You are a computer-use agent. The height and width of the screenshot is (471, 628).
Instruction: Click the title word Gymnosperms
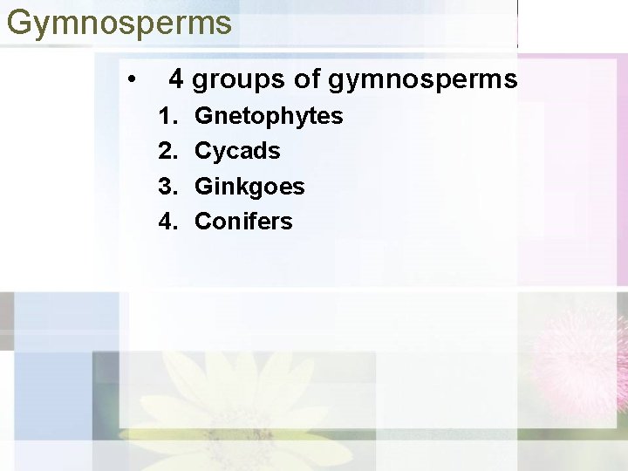119,23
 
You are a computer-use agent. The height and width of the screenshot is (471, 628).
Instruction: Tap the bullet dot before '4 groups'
131,81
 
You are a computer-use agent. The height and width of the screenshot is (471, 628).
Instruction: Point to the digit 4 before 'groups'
177,79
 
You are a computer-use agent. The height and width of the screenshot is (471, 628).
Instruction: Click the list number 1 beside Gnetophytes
166,116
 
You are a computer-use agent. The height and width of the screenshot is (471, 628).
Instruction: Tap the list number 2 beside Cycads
166,151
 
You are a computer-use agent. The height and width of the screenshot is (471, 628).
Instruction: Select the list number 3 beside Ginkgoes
166,187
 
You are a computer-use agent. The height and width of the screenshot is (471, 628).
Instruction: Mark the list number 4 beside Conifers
166,222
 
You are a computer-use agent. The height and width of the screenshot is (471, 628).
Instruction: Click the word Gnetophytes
269,117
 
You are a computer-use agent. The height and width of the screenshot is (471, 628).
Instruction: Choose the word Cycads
237,152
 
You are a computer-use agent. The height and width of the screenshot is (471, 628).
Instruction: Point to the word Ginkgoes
249,188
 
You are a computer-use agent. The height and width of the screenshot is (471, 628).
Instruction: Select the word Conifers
243,222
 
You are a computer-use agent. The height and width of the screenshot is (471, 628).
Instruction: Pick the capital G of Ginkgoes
203,187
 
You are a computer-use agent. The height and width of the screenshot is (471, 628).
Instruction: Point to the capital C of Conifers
203,222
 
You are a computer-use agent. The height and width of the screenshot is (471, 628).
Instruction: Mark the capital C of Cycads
203,151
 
